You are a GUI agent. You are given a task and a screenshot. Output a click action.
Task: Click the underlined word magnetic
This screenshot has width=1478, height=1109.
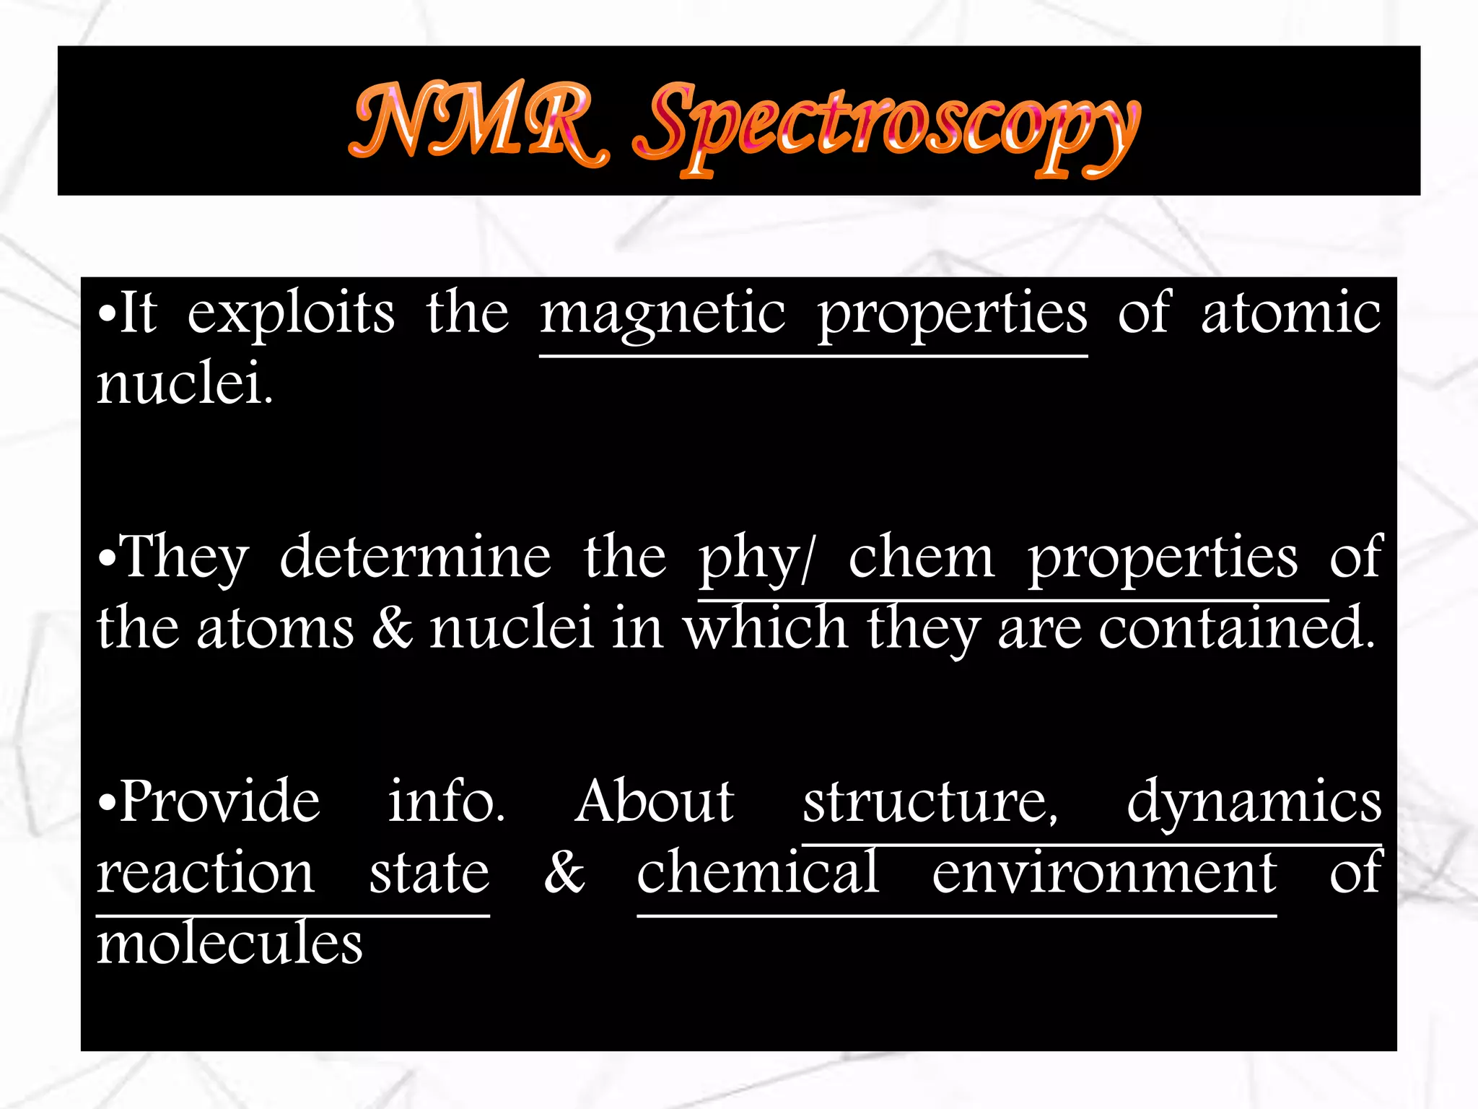coord(663,315)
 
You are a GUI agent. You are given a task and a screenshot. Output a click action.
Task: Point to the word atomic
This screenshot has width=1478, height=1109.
coord(1290,313)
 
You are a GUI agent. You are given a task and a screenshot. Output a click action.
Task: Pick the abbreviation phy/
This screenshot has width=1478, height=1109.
coord(756,559)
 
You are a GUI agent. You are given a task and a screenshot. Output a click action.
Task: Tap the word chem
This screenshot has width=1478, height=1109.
coord(921,557)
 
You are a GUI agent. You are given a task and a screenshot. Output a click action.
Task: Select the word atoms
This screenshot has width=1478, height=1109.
coord(276,628)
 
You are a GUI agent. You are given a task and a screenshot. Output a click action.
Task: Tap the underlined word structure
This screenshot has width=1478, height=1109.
coord(930,803)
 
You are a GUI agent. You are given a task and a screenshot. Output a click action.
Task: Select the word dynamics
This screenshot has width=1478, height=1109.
coord(1254,803)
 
